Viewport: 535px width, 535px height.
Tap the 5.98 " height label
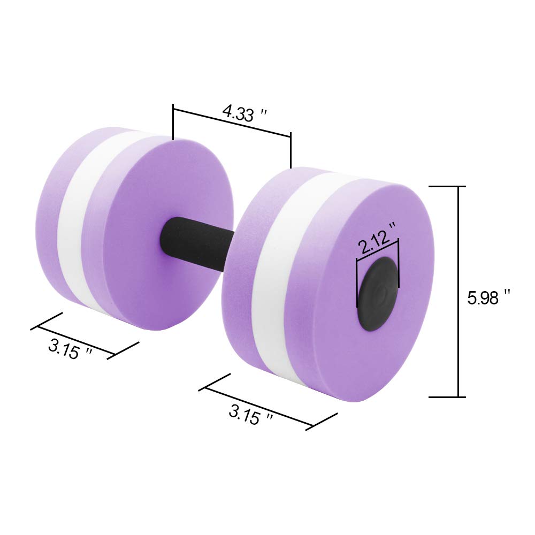pos(488,297)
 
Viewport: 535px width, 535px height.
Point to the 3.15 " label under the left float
pos(70,349)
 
